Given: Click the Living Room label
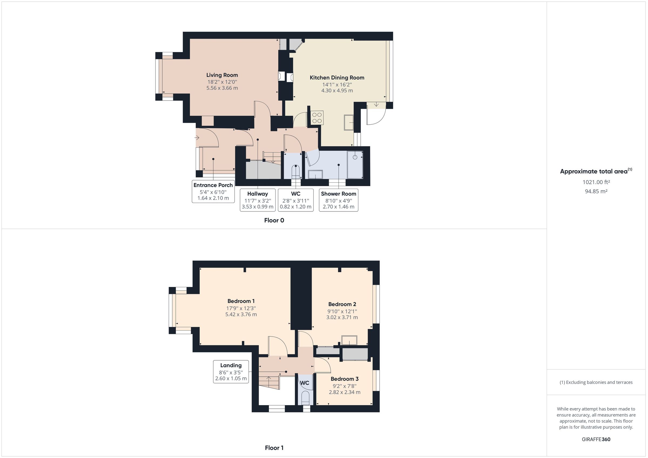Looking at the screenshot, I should [222, 75].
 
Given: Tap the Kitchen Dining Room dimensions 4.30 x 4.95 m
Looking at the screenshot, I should [337, 91].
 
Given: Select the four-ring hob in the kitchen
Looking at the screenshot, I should [317, 118].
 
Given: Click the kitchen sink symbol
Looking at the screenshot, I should [349, 122].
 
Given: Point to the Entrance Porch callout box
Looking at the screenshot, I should [213, 192].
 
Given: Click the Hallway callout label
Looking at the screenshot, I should [257, 194].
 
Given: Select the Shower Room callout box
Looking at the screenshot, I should [338, 200].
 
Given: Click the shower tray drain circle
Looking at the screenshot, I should [355, 157].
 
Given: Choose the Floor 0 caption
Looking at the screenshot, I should [274, 220].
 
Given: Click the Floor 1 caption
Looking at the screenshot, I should [274, 447].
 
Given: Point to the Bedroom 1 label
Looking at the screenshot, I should [241, 301].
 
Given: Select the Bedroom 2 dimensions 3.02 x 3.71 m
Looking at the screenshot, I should [342, 317].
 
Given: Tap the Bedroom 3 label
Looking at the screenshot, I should [345, 379].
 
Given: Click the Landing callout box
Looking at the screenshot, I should [231, 372].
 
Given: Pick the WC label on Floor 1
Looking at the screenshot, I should [305, 383].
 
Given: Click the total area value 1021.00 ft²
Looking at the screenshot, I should [596, 182].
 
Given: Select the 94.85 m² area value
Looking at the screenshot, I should [596, 191].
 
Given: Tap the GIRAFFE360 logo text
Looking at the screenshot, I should [596, 439].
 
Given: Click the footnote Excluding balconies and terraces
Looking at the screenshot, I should [596, 382].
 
